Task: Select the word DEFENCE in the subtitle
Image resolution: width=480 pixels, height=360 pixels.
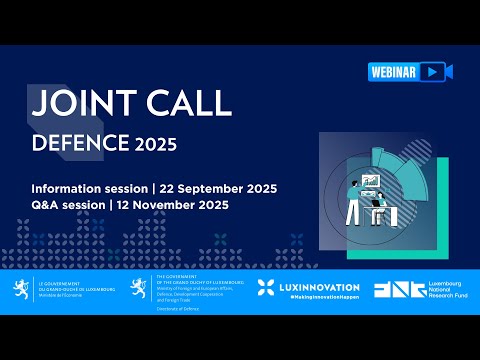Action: [80, 143]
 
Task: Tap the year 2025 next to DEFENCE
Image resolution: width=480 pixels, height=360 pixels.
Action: [156, 144]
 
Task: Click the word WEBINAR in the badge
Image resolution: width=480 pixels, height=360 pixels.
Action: [391, 72]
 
